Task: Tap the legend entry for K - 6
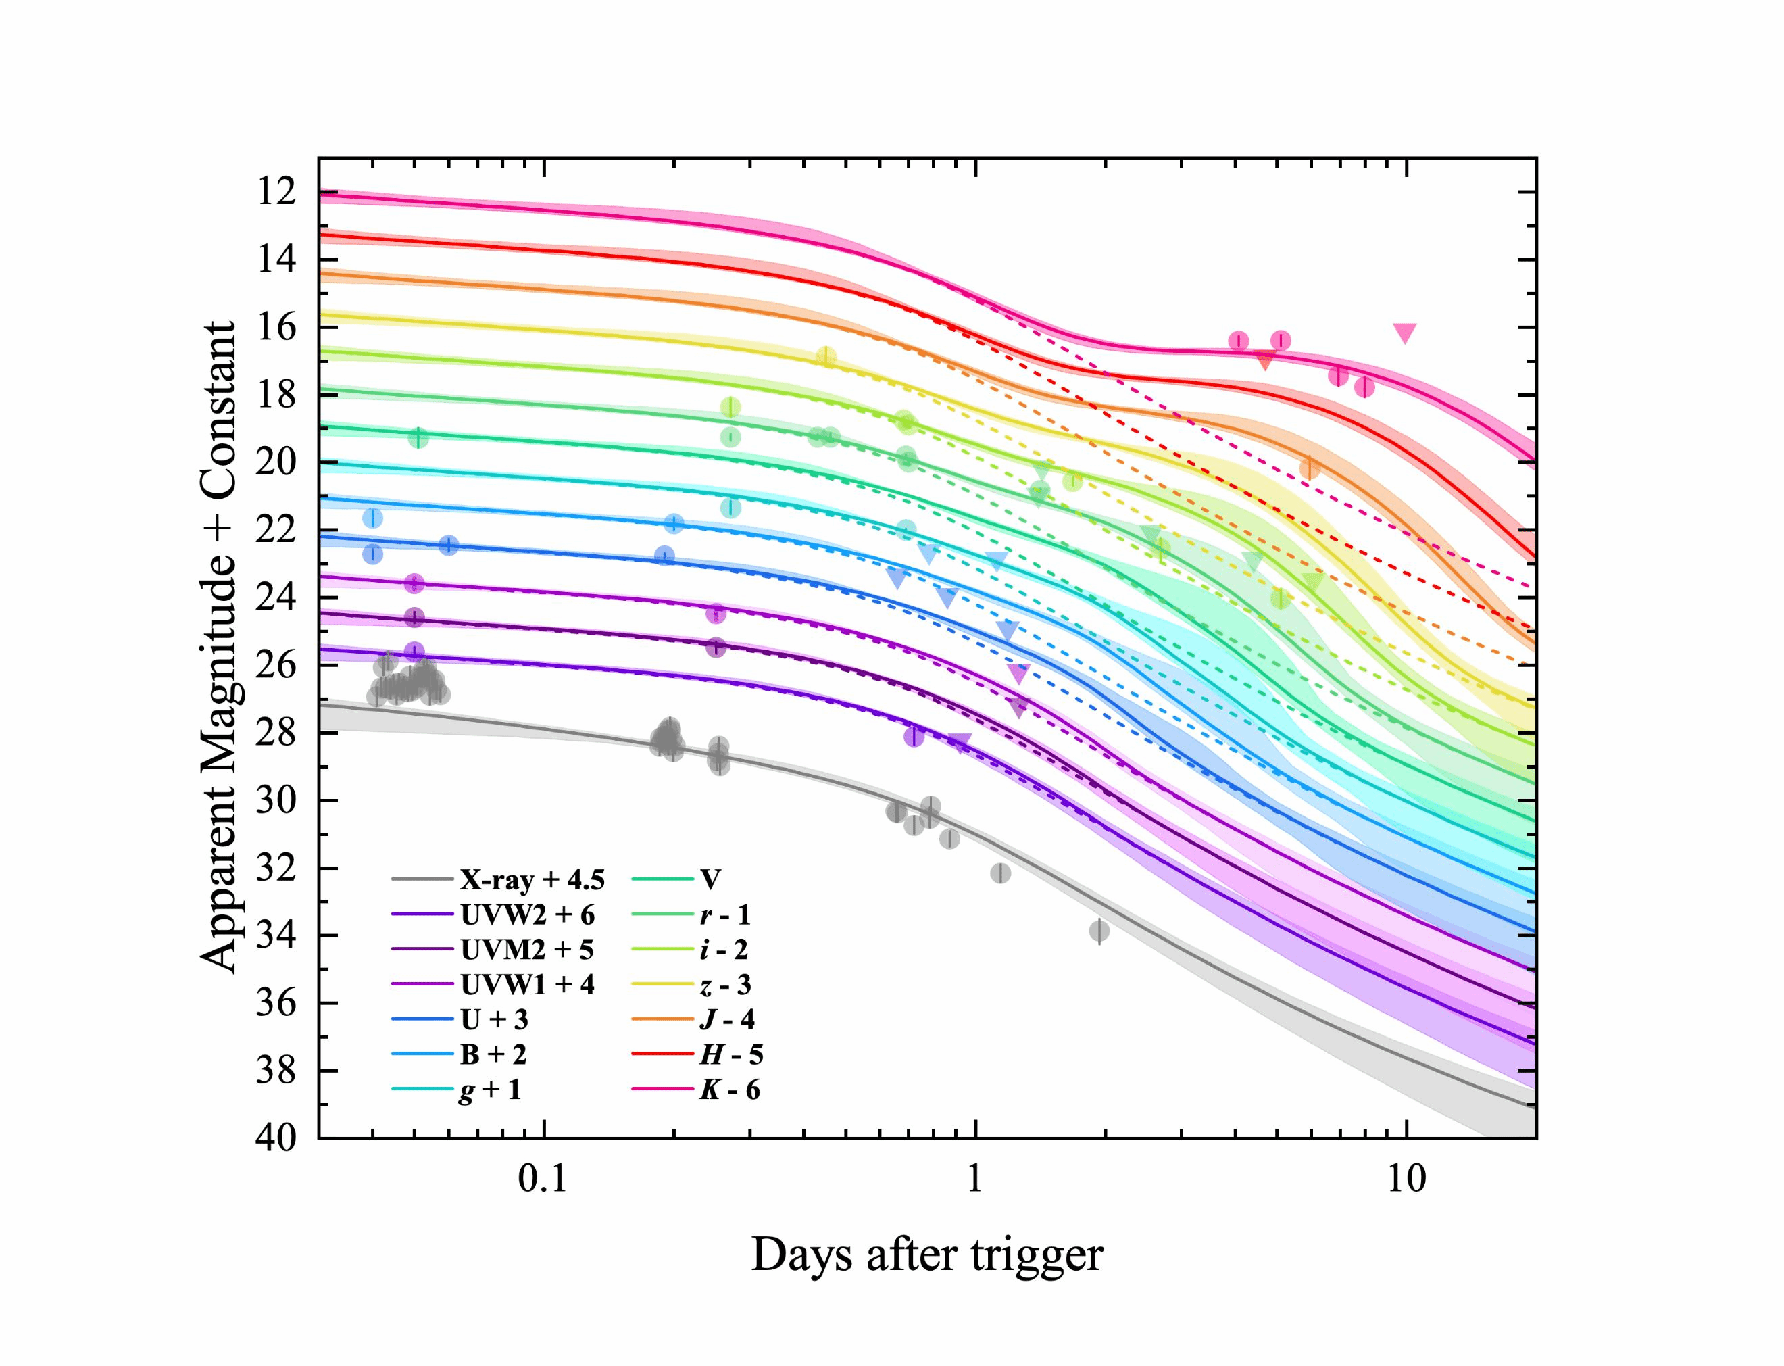tap(729, 1089)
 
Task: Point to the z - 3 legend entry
tap(725, 985)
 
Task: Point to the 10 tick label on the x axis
tap(1406, 1178)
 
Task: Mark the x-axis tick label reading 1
tap(974, 1178)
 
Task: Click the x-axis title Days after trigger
tap(926, 1254)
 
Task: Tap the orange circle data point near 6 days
tap(1310, 468)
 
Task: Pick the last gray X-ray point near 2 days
tap(1099, 931)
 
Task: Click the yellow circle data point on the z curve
tap(826, 357)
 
